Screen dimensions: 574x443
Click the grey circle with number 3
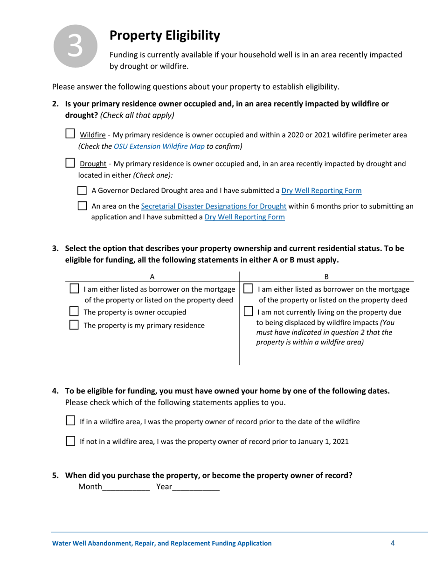[x=76, y=46]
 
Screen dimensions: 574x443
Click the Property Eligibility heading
[x=164, y=35]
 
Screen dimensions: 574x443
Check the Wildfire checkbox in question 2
[x=70, y=134]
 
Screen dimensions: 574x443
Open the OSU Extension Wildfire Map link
[x=159, y=146]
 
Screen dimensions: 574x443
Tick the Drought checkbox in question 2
[x=70, y=163]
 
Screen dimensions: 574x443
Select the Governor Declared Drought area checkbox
[x=82, y=190]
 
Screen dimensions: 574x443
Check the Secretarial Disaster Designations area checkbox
[x=82, y=206]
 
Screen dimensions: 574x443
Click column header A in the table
[x=152, y=276]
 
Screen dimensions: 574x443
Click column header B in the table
[x=326, y=276]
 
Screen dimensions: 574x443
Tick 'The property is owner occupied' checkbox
[x=74, y=311]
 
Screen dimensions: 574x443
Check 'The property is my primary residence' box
[x=74, y=325]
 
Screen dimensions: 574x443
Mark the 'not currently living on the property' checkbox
[x=249, y=311]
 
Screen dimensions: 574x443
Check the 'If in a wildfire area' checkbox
[x=70, y=421]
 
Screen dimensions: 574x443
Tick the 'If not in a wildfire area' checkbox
[x=70, y=441]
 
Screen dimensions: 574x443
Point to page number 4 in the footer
[x=393, y=543]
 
